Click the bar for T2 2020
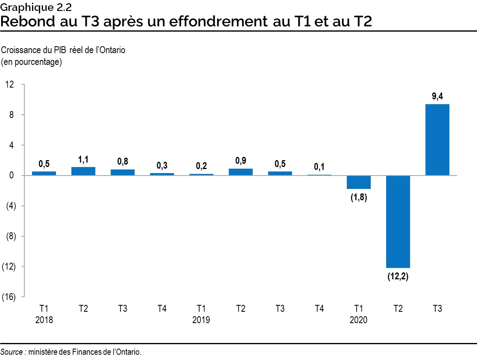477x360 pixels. tap(398, 221)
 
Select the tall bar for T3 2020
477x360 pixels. tap(437, 140)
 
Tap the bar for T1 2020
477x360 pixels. tap(359, 182)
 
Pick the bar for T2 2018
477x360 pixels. tap(83, 171)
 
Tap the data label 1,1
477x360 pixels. tap(83, 160)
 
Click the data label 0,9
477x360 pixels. tap(241, 161)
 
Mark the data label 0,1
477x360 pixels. tap(319, 167)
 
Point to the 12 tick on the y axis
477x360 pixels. tap(10, 84)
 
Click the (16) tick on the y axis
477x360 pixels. tap(9, 297)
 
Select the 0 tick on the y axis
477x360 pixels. tap(12, 176)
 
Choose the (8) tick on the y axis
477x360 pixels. tap(10, 236)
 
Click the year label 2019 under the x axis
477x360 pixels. tap(201, 320)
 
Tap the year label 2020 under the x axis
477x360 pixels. tap(359, 320)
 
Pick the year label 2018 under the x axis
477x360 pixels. tap(44, 320)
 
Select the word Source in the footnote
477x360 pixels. tap(12, 352)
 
